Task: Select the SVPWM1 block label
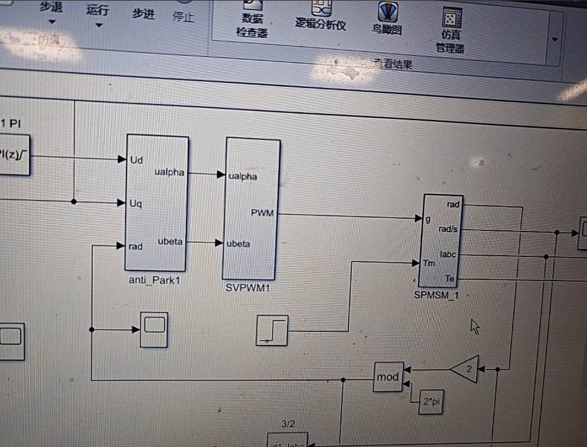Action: (x=247, y=289)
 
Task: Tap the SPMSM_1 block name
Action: (x=436, y=295)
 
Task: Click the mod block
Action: (x=388, y=376)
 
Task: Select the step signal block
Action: (x=272, y=330)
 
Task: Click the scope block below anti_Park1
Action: (x=153, y=329)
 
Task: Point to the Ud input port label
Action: (x=136, y=160)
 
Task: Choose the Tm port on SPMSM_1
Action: (x=428, y=263)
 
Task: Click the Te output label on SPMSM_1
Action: (x=450, y=279)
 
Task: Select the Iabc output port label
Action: (x=448, y=254)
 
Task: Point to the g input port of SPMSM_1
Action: (x=428, y=219)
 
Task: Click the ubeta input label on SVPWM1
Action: (x=239, y=243)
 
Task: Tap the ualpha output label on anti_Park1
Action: (x=169, y=173)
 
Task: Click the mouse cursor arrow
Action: (x=475, y=326)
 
